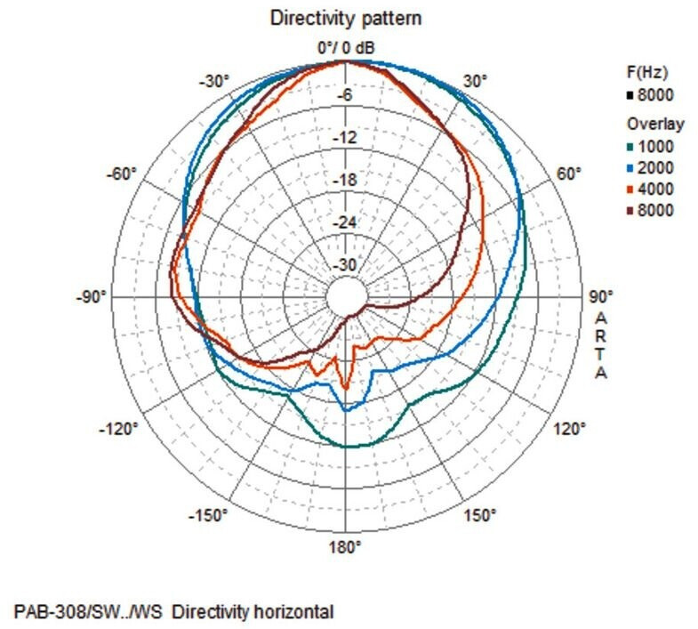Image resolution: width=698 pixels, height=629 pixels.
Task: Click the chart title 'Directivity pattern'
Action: [346, 18]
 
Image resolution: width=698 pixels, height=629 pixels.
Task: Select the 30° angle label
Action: [475, 81]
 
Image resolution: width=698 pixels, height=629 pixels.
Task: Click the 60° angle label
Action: [569, 173]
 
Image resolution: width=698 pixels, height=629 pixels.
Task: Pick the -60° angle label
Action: [123, 173]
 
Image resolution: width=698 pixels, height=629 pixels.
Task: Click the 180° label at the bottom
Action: [345, 548]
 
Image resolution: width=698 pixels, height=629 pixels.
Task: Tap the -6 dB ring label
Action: [346, 95]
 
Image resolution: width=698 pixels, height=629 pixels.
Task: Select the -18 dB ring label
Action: [346, 180]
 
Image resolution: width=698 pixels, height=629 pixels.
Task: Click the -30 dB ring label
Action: [346, 265]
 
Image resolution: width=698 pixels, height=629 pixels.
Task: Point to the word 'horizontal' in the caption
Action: [289, 612]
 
